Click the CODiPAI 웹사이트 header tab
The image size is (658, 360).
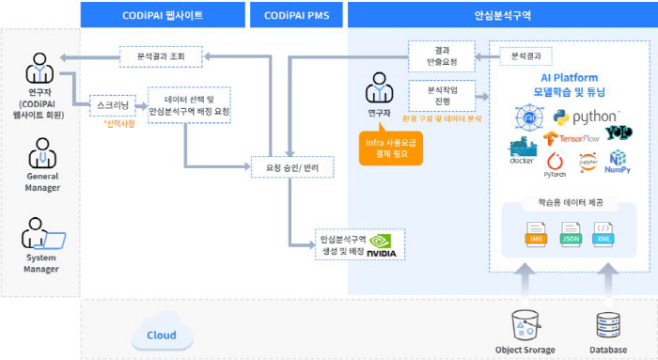coord(162,15)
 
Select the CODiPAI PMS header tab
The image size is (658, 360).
coord(296,15)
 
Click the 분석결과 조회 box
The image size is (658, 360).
coord(161,57)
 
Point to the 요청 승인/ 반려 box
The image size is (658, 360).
coord(292,168)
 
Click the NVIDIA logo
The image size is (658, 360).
coord(382,246)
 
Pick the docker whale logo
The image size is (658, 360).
coord(523,151)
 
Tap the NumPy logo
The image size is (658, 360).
coord(617,163)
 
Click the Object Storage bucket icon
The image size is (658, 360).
coord(526,324)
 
